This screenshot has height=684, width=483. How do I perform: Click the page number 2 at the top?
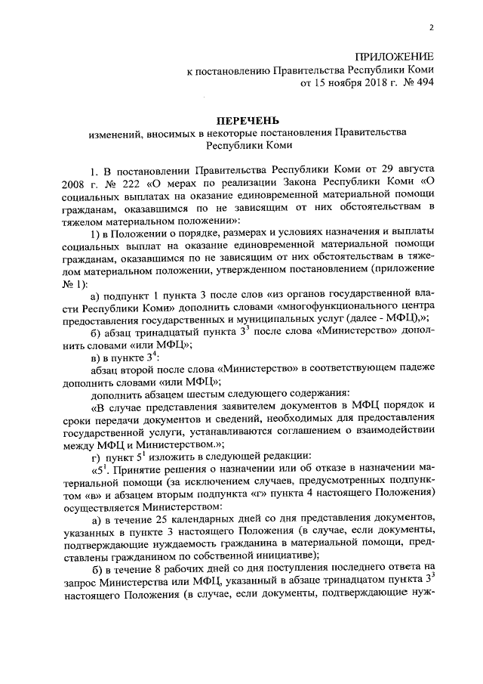(432, 28)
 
